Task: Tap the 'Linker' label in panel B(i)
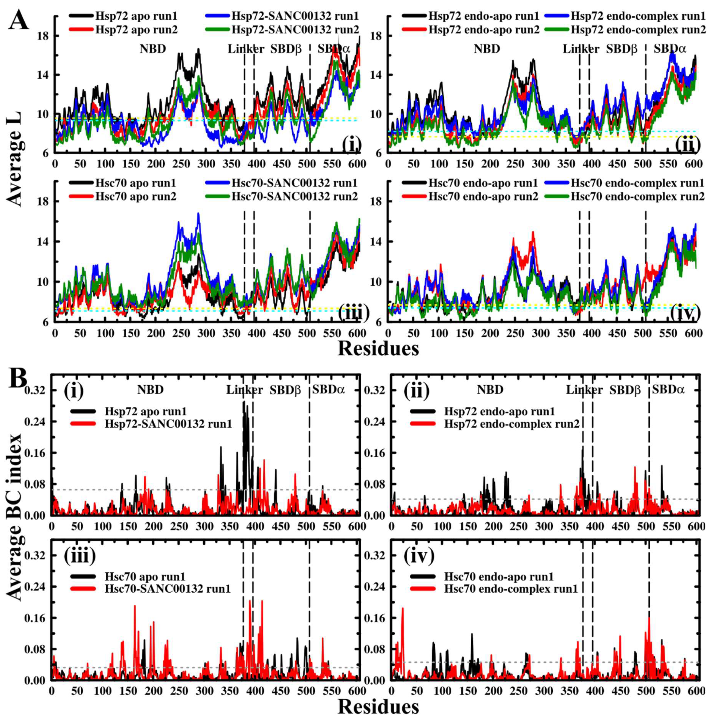[245, 390]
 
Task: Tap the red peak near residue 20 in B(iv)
[403, 609]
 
